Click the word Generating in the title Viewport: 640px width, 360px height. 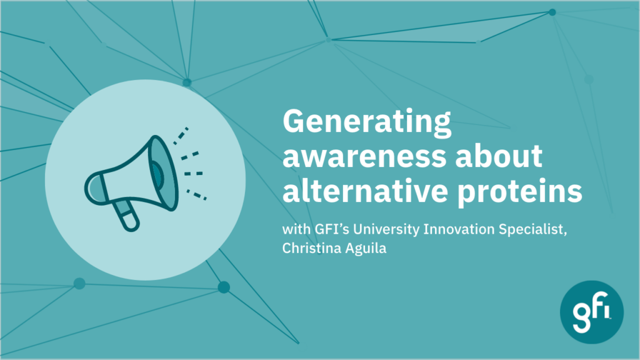coord(367,122)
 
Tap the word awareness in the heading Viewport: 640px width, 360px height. coord(364,156)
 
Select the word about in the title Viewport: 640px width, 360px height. coord(499,154)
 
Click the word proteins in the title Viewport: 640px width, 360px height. coord(519,191)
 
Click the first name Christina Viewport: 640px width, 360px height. coord(311,247)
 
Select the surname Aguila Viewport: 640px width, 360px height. coord(366,248)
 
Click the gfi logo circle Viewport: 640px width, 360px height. coord(591,312)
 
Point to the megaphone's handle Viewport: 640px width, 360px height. coord(127,215)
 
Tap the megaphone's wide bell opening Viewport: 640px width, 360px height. coord(163,173)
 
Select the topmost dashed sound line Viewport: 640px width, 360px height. coord(181,136)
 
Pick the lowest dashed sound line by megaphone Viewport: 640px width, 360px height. coord(197,195)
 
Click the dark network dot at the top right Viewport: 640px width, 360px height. coord(552,12)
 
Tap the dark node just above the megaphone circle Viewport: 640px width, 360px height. coord(187,83)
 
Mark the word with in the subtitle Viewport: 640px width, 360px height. coord(296,229)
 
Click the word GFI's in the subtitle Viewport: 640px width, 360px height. coord(332,229)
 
